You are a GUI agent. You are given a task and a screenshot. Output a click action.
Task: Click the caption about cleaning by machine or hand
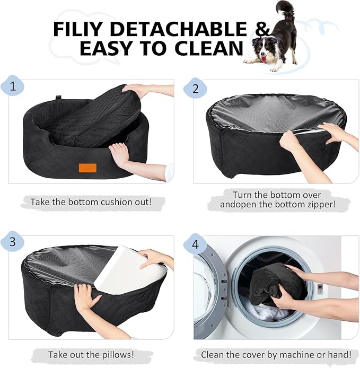(276, 354)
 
